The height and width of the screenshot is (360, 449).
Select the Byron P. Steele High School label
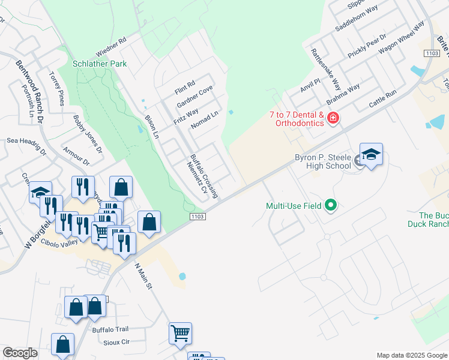point(322,161)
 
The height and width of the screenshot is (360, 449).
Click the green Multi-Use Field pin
point(330,206)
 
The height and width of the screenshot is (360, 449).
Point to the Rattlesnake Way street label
point(325,68)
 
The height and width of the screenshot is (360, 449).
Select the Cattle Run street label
point(383,99)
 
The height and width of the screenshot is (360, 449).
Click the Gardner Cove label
point(194,97)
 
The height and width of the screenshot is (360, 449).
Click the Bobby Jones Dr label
point(88,134)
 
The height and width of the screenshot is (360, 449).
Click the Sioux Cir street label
point(117,341)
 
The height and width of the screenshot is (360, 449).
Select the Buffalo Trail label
point(110,329)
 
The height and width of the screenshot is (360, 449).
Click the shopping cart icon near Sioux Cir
point(180,333)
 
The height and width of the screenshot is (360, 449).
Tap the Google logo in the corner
point(20,353)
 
